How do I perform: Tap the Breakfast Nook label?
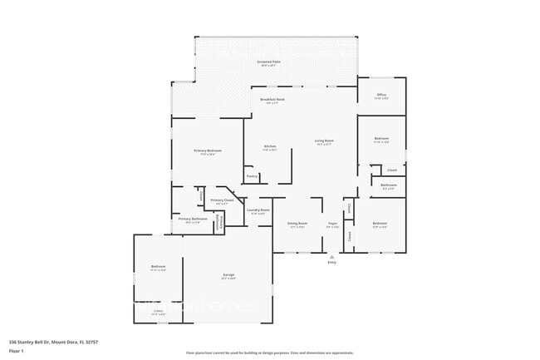tap(272, 100)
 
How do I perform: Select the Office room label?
tap(381, 96)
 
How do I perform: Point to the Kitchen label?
tap(270, 147)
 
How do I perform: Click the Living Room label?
tap(324, 141)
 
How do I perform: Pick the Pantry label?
tap(251, 176)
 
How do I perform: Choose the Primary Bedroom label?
tap(206, 151)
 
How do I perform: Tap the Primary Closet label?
tap(222, 200)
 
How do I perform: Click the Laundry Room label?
tap(258, 210)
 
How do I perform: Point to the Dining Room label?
tap(297, 224)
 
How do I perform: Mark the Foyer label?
tap(332, 224)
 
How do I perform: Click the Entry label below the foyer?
tap(332, 263)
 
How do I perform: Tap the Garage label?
tap(228, 275)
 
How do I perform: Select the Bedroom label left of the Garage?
tap(158, 267)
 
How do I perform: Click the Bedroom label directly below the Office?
tap(381, 139)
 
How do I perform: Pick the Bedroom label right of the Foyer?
tap(380, 224)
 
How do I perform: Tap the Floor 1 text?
tap(17, 352)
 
